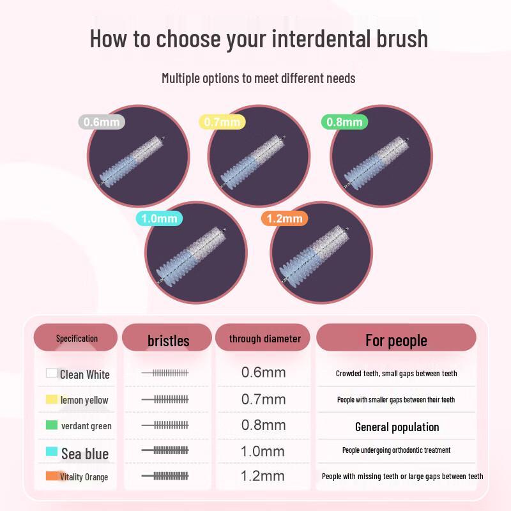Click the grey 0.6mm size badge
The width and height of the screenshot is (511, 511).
click(x=102, y=121)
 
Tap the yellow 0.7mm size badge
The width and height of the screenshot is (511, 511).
click(x=222, y=121)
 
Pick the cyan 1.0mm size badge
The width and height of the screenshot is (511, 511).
click(x=159, y=218)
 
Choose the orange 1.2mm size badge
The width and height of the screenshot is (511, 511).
click(x=284, y=218)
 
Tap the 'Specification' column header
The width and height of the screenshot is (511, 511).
click(x=76, y=338)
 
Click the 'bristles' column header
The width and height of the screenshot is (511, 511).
click(x=167, y=340)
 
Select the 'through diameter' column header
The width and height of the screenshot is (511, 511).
click(x=264, y=339)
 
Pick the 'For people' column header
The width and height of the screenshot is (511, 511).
click(x=396, y=340)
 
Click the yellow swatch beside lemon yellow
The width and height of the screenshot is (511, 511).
click(x=52, y=400)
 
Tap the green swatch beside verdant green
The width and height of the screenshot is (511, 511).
click(x=52, y=425)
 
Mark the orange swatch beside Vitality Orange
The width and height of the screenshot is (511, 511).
click(x=52, y=477)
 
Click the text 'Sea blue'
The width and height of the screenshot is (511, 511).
click(x=85, y=454)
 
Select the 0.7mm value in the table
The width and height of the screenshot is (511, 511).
click(x=263, y=399)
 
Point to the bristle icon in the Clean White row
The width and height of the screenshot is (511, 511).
click(x=165, y=372)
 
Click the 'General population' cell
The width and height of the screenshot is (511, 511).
click(x=397, y=427)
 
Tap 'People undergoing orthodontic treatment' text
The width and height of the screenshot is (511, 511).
click(x=396, y=450)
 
